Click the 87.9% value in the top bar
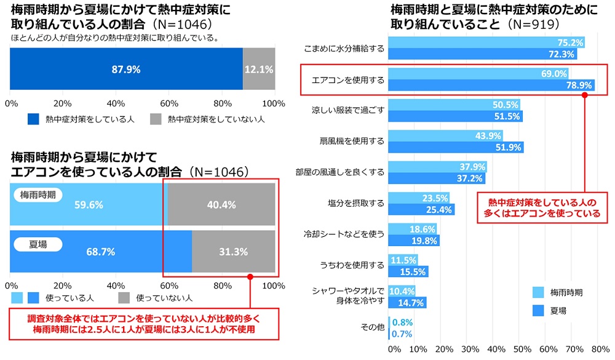click(126, 70)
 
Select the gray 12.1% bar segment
click(259, 70)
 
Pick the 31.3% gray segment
click(233, 252)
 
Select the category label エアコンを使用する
click(348, 80)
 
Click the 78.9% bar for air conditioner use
click(492, 86)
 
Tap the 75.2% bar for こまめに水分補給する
click(486, 42)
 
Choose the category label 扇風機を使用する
click(352, 142)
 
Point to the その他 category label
click(372, 327)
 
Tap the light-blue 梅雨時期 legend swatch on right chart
click(536, 292)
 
